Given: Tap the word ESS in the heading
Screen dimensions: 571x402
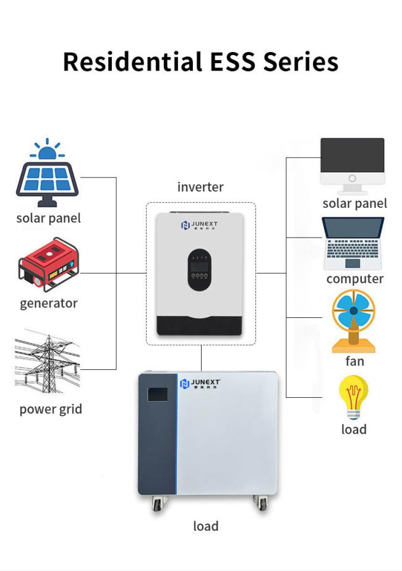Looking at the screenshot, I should point(229,62).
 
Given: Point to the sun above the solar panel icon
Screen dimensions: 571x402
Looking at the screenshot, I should point(46,149).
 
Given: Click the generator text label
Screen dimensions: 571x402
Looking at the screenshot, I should point(49,303).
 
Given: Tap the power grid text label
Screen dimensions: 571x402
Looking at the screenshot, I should point(51,409).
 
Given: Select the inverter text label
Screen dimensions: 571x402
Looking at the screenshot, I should point(200,187).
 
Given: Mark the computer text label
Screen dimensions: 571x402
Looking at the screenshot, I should point(355,279).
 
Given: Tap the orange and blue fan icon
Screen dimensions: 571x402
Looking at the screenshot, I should point(353,319).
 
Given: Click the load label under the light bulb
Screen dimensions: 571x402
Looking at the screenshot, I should point(354,429).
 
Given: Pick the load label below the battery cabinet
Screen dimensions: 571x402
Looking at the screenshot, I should point(205,526).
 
